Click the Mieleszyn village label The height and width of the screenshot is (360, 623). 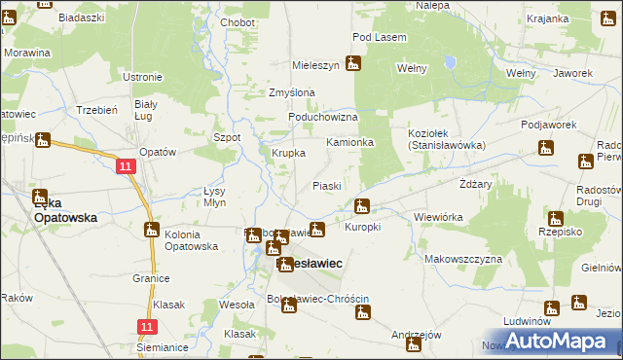pyautogui.click(x=316, y=65)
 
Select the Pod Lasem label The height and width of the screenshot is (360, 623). pyautogui.click(x=380, y=37)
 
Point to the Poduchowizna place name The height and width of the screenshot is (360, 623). pyautogui.click(x=323, y=117)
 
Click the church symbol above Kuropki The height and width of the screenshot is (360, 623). pyautogui.click(x=362, y=206)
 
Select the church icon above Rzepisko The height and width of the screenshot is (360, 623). pyautogui.click(x=555, y=218)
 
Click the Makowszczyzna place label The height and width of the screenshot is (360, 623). pyautogui.click(x=463, y=259)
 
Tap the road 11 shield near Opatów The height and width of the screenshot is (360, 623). pyautogui.click(x=127, y=167)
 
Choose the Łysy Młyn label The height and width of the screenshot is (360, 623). pyautogui.click(x=214, y=197)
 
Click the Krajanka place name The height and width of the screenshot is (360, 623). pyautogui.click(x=547, y=18)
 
